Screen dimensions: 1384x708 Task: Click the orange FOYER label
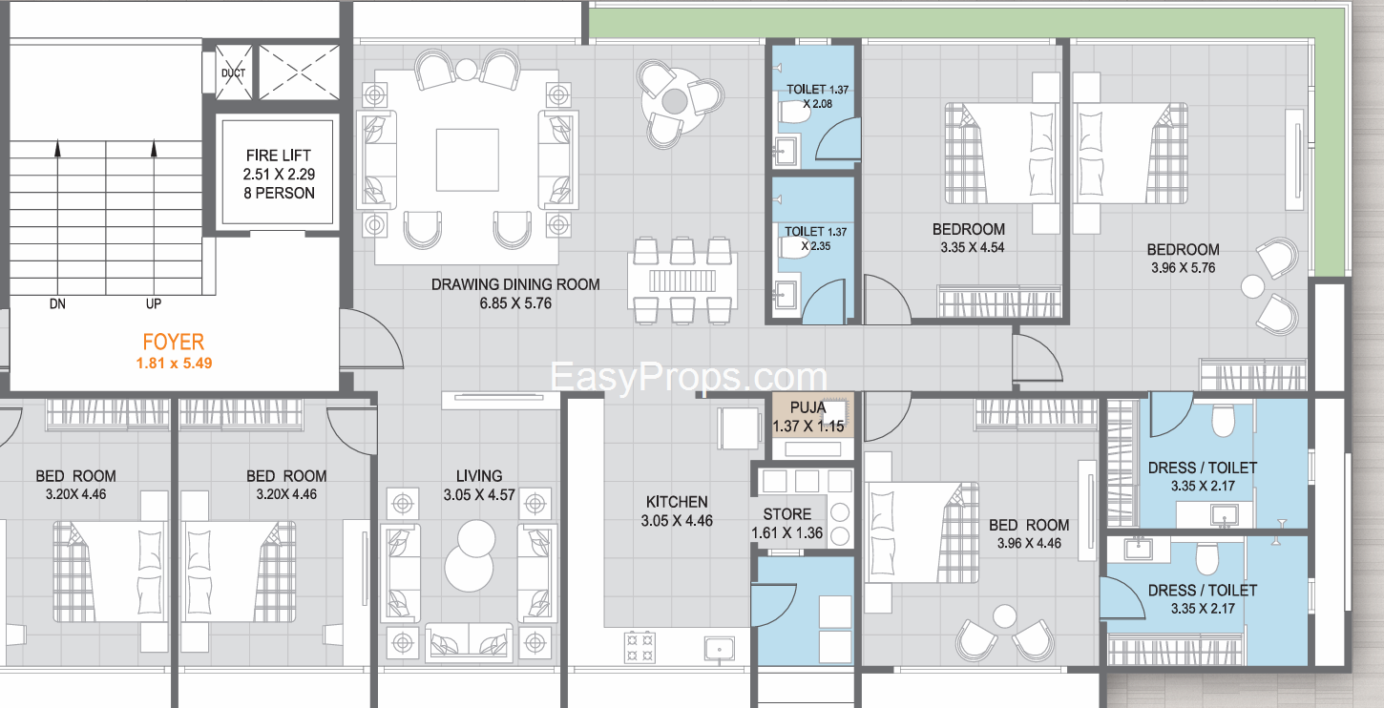[173, 342]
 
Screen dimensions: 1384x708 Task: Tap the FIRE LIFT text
[278, 156]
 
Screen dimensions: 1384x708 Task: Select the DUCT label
[234, 73]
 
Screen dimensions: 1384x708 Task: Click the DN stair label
[57, 303]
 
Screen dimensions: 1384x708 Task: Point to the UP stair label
[154, 303]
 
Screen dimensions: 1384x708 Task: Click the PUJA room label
[807, 407]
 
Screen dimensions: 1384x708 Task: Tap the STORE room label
[787, 514]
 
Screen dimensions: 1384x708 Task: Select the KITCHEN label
[677, 502]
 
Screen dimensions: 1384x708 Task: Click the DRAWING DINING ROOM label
[515, 284]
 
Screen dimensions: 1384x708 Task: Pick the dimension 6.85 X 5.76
[515, 303]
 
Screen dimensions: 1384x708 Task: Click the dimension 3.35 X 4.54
[973, 248]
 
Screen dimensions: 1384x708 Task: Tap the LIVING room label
[479, 476]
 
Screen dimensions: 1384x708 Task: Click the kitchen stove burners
[640, 646]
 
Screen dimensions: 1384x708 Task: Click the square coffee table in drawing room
[467, 160]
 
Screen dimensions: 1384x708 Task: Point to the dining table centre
[682, 281]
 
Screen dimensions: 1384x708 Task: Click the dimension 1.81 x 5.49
[175, 363]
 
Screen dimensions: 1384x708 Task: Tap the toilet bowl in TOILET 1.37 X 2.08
[793, 113]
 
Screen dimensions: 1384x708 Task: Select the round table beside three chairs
[675, 101]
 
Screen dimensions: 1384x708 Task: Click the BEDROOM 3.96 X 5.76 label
[1183, 259]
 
